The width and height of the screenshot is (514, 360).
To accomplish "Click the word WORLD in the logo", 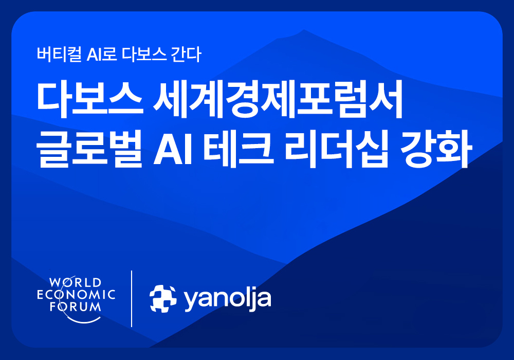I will point(75,282).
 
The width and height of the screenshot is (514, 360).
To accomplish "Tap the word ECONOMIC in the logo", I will point(75,295).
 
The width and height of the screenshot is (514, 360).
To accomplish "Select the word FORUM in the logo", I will point(75,307).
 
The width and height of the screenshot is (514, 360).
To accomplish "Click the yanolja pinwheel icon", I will point(162,298).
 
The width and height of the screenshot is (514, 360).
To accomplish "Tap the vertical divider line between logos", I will point(132,298).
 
